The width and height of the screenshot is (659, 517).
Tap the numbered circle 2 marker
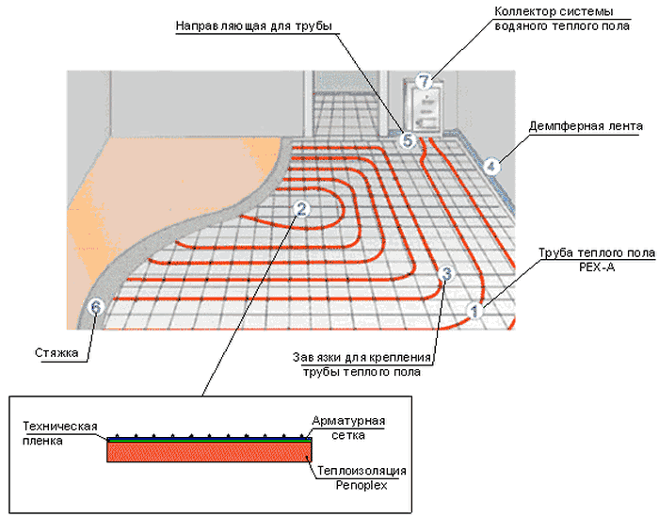click(300, 209)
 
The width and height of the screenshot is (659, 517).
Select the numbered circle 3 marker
click(447, 274)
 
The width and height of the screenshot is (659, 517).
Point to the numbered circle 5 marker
click(407, 140)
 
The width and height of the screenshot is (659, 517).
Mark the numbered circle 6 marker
click(94, 306)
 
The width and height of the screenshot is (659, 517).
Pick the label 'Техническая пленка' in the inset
click(60, 433)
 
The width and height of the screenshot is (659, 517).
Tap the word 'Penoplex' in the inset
click(362, 485)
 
